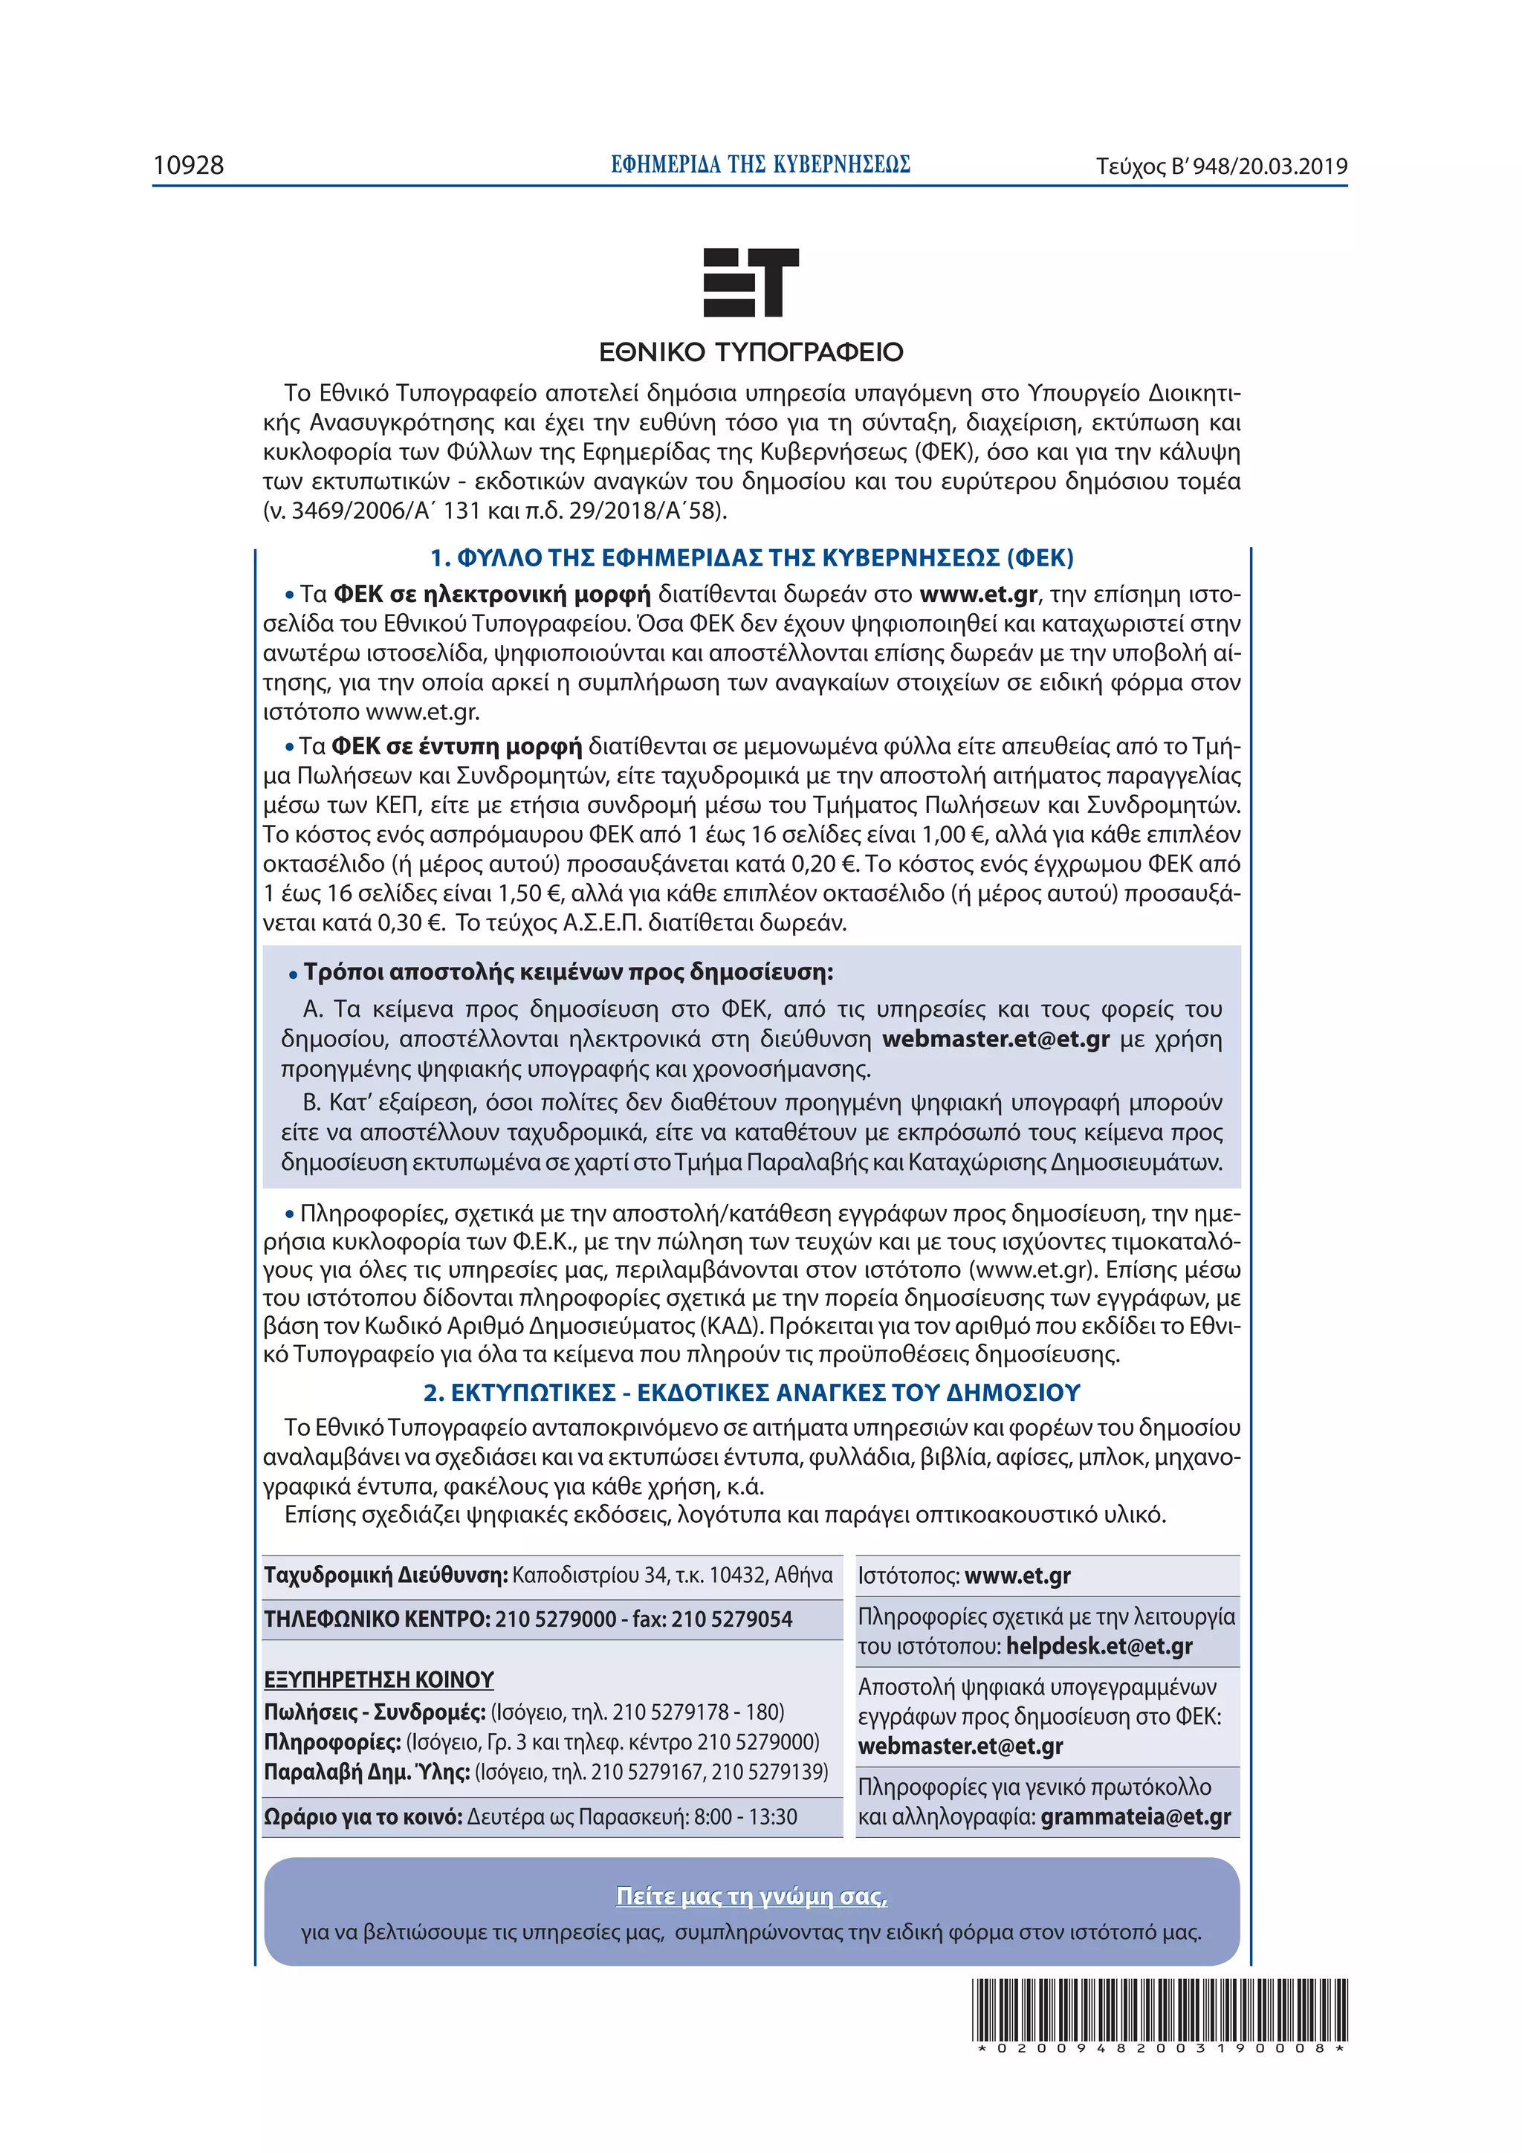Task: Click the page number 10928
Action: point(189,166)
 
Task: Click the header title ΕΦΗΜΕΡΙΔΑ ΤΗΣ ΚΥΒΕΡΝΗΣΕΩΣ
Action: point(760,165)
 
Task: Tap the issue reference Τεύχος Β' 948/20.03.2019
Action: point(1221,167)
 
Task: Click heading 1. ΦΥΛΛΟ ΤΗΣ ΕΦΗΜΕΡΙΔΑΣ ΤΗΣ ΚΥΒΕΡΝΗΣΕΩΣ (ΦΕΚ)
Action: point(751,558)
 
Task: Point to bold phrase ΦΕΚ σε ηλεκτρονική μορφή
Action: point(491,595)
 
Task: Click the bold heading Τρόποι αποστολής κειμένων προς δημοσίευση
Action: point(567,971)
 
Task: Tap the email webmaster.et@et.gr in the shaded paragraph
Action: point(995,1039)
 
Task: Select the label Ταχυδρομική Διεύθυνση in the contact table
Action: point(386,1574)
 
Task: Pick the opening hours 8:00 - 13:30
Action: point(745,1816)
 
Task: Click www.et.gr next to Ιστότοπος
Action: point(1017,1576)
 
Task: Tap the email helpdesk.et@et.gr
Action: point(1099,1645)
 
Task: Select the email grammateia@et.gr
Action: point(1135,1816)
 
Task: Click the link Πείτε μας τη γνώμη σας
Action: point(751,1895)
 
